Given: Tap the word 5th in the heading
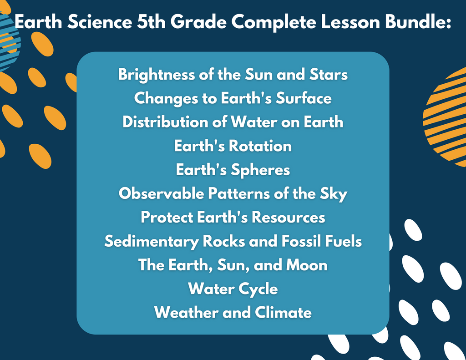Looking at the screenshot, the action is (x=151, y=22).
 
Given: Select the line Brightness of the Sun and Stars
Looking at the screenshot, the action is (x=233, y=74).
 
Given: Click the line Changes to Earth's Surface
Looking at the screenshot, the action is (x=233, y=98).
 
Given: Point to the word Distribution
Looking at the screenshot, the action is (x=165, y=122).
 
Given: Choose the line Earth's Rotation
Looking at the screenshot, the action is (x=233, y=146).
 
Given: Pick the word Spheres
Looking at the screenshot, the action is (x=260, y=170).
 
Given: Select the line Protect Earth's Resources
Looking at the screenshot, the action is (x=233, y=217).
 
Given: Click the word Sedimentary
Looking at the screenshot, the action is (x=151, y=241).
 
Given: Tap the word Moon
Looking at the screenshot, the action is (x=307, y=264).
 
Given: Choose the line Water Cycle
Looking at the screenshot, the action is (x=233, y=289).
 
